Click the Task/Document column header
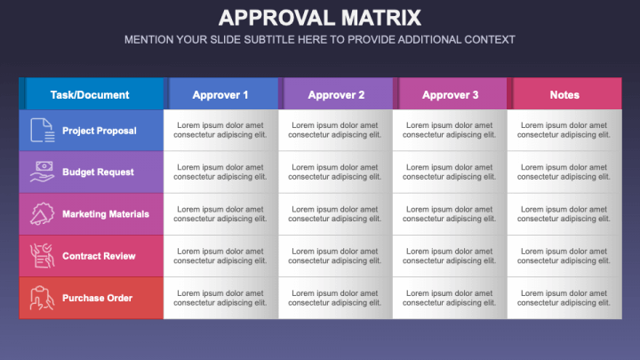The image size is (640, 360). (x=91, y=94)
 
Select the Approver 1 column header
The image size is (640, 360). (x=220, y=94)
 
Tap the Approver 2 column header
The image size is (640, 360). (x=335, y=94)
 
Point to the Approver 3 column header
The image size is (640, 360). (x=450, y=94)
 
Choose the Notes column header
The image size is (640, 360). (x=564, y=94)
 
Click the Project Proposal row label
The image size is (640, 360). (x=100, y=131)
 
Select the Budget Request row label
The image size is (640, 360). (x=98, y=172)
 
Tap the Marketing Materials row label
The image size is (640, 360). (x=106, y=214)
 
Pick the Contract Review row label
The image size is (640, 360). (x=99, y=256)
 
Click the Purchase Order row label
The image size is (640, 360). (x=97, y=298)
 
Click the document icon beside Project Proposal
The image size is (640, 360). (x=42, y=130)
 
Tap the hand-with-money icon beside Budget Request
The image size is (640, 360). (x=42, y=172)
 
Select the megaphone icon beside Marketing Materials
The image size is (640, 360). (x=42, y=213)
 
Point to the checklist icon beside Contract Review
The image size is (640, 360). (x=42, y=255)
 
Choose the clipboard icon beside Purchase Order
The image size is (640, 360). (x=42, y=298)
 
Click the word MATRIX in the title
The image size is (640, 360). (x=380, y=18)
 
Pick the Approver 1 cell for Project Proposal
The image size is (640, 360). (x=220, y=130)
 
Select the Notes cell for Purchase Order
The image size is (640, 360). (x=564, y=298)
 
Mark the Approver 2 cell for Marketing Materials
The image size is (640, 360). (x=335, y=214)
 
